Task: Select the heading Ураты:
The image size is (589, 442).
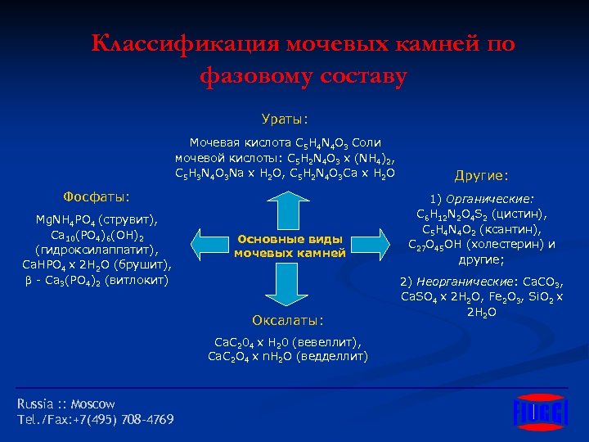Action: click(285, 119)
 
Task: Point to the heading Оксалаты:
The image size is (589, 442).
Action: click(290, 318)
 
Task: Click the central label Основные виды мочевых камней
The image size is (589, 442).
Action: click(290, 246)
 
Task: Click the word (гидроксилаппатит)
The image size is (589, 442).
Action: click(97, 250)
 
